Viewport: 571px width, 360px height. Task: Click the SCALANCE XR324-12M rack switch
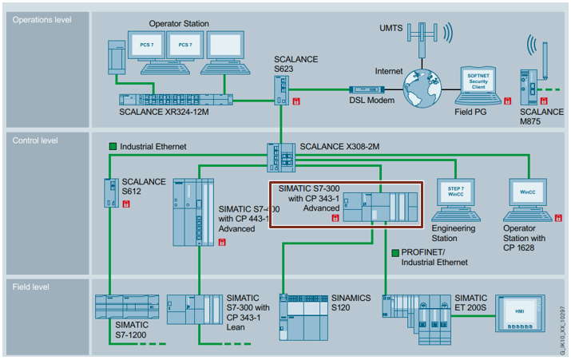175,100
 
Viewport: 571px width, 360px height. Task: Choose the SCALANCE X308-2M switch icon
280,153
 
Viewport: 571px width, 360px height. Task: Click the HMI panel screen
521,311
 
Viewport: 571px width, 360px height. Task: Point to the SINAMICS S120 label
351,303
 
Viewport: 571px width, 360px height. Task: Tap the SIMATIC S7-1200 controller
121,309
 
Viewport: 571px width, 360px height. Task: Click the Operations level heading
41,19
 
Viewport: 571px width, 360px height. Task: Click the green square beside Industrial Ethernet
113,146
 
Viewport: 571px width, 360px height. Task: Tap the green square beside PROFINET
396,252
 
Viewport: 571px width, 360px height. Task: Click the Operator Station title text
179,24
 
